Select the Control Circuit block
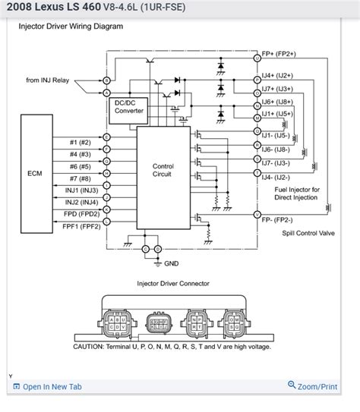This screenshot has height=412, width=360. coord(163,170)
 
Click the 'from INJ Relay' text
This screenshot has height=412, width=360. coord(48,80)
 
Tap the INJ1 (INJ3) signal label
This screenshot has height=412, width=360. coord(81,189)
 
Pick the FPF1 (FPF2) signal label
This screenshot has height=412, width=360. coord(81,226)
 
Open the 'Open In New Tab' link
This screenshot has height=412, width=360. coord(52,387)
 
